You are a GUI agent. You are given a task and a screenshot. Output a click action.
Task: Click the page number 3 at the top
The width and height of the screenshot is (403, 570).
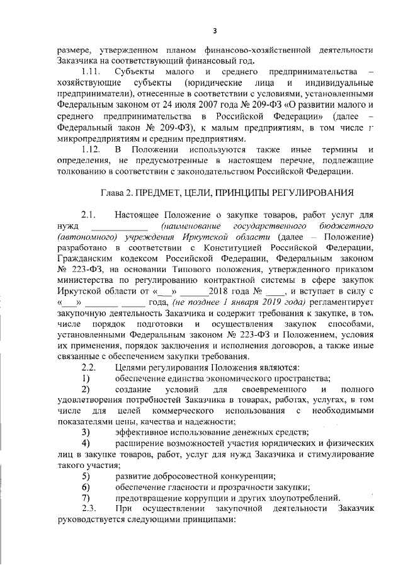[214, 30]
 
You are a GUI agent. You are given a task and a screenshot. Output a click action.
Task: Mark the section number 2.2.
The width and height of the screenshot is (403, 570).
[88, 367]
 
